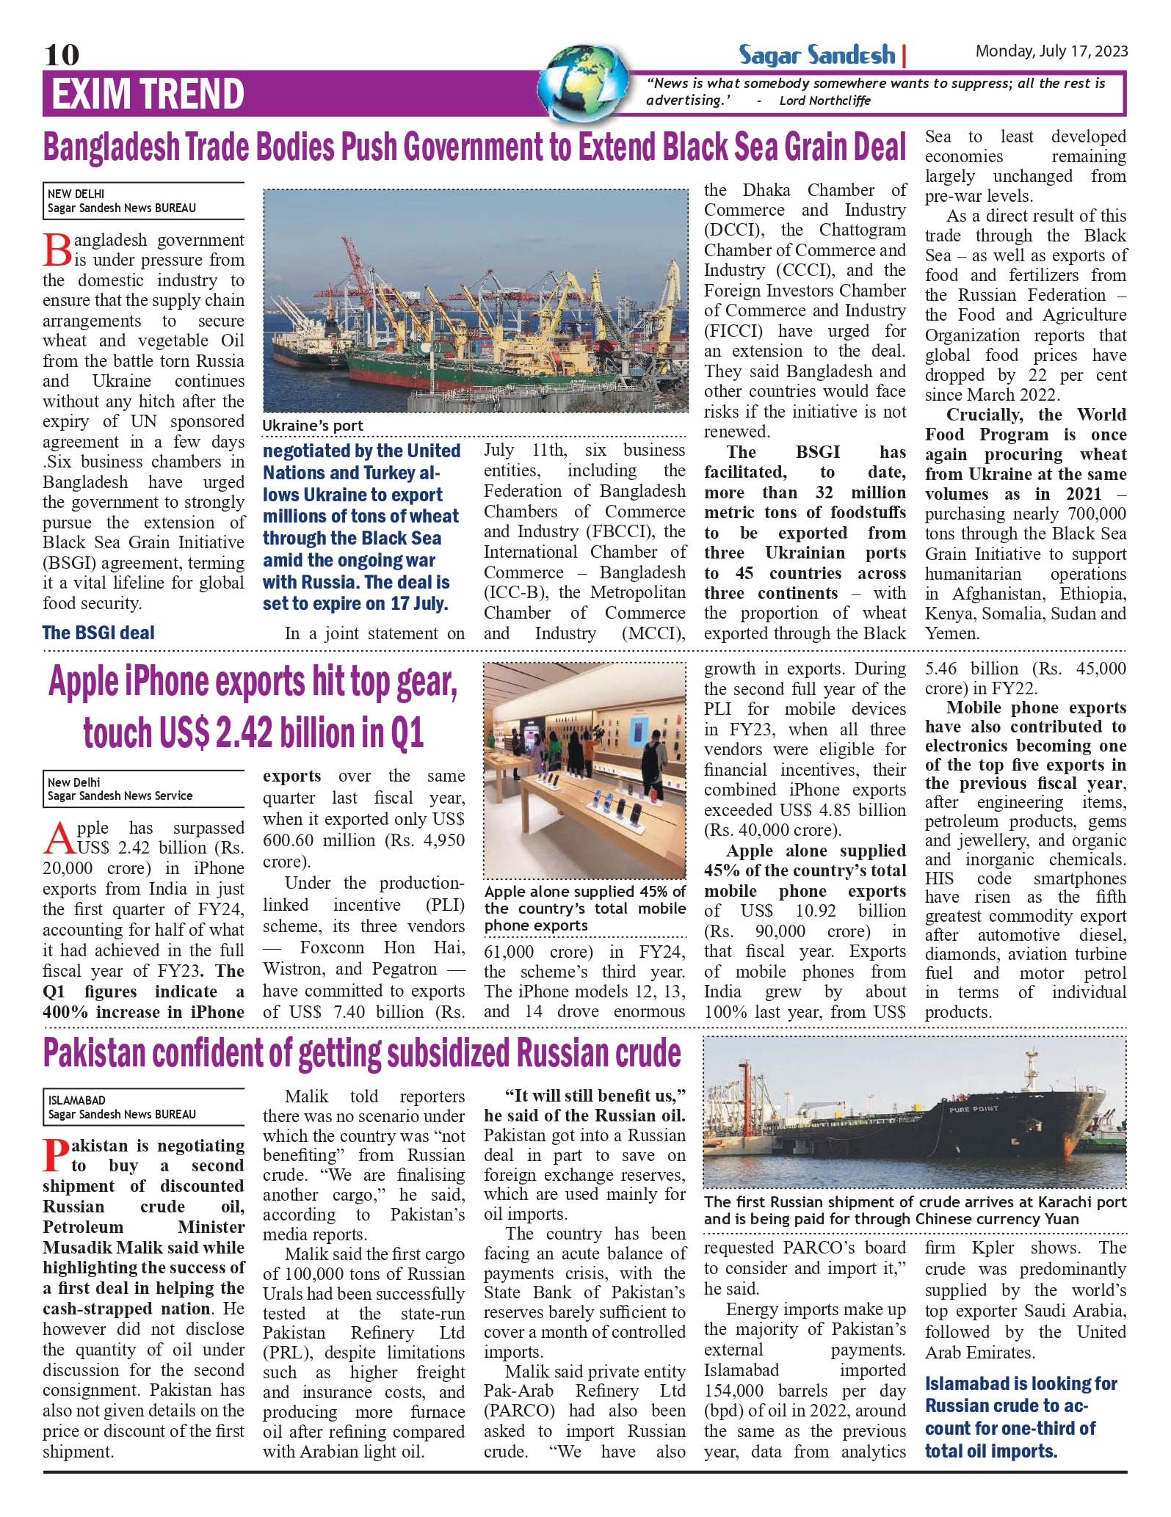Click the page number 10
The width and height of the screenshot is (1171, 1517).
tap(62, 54)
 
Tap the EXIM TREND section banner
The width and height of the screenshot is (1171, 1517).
tap(148, 94)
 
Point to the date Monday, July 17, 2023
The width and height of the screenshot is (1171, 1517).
tap(1051, 51)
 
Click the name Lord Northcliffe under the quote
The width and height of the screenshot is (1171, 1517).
tap(824, 101)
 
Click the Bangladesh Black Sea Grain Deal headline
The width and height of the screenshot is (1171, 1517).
tap(474, 147)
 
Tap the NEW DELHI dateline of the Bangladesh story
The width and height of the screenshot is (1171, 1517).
tap(76, 194)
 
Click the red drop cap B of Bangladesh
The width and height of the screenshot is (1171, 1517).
tap(57, 250)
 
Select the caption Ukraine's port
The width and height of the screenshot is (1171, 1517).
tap(313, 426)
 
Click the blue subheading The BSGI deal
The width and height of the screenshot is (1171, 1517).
tap(98, 633)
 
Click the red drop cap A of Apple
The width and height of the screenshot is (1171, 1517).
tap(59, 839)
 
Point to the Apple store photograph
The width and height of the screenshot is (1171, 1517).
tap(584, 771)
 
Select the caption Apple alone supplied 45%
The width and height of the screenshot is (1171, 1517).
tap(584, 909)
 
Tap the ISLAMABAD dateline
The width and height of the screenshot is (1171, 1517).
tap(77, 1100)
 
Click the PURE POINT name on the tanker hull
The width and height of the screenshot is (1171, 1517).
tap(974, 1109)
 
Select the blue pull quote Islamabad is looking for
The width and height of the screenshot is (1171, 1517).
tap(1020, 1416)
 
